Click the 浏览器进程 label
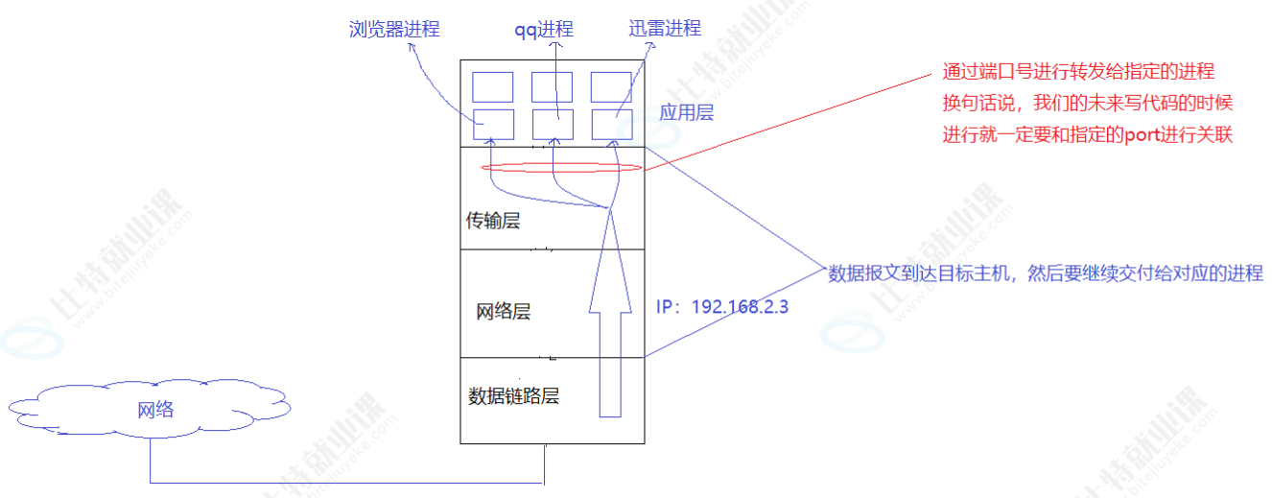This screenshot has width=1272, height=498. [394, 29]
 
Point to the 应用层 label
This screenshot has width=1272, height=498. [687, 112]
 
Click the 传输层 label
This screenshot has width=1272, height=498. [493, 222]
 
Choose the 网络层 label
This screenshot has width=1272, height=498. [504, 312]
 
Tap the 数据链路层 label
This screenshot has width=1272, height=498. [513, 395]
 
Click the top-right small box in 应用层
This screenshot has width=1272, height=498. [611, 86]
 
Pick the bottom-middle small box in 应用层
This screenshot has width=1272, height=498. [553, 123]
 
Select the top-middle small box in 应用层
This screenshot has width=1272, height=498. [553, 86]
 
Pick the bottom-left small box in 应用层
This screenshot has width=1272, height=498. [494, 123]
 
